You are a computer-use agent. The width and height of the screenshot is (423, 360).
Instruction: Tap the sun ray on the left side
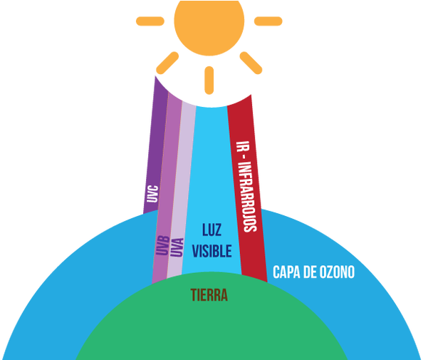[x=150, y=21]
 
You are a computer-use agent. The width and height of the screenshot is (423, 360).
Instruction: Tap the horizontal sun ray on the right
[x=268, y=21]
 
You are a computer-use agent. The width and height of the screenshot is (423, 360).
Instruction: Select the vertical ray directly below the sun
[x=209, y=81]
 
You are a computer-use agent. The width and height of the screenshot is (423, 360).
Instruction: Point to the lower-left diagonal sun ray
[x=167, y=63]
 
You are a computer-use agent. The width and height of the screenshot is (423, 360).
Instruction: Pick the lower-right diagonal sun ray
[x=251, y=63]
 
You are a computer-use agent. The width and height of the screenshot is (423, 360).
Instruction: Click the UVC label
[x=152, y=194]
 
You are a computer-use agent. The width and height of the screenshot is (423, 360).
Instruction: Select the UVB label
[x=163, y=246]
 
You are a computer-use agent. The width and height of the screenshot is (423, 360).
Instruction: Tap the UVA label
[x=177, y=247]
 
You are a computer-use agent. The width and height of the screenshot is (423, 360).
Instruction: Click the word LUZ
[x=212, y=230]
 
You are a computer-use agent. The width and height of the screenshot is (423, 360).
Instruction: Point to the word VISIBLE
[x=212, y=251]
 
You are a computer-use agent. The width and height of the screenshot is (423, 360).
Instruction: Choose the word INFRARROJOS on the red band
[x=249, y=197]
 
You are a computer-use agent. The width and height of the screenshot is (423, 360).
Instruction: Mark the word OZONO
[x=337, y=272]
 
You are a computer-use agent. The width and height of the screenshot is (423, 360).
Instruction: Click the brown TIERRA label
[x=209, y=294]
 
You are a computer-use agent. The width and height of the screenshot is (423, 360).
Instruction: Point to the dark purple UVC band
[x=155, y=146]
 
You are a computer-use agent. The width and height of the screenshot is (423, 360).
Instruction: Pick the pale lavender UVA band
[x=182, y=189]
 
